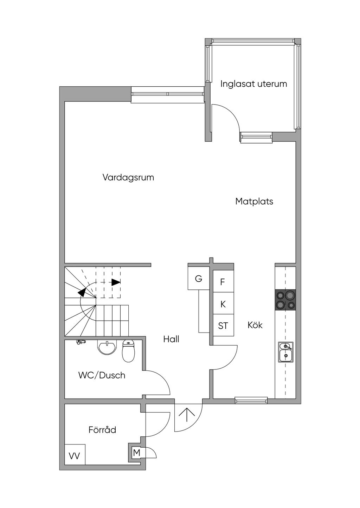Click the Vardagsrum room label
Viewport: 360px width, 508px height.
click(128, 178)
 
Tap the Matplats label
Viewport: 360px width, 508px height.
click(254, 201)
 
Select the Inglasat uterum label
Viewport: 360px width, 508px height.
click(253, 84)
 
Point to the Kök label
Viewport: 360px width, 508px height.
click(255, 325)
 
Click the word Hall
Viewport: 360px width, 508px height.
click(171, 339)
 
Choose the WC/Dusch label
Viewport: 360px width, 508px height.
click(102, 375)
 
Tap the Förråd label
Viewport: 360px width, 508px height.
click(102, 429)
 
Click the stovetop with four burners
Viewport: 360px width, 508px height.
click(285, 300)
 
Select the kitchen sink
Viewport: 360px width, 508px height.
click(286, 352)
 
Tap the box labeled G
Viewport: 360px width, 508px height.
click(199, 278)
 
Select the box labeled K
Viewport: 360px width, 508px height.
click(223, 303)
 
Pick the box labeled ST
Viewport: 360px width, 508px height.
click(223, 325)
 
